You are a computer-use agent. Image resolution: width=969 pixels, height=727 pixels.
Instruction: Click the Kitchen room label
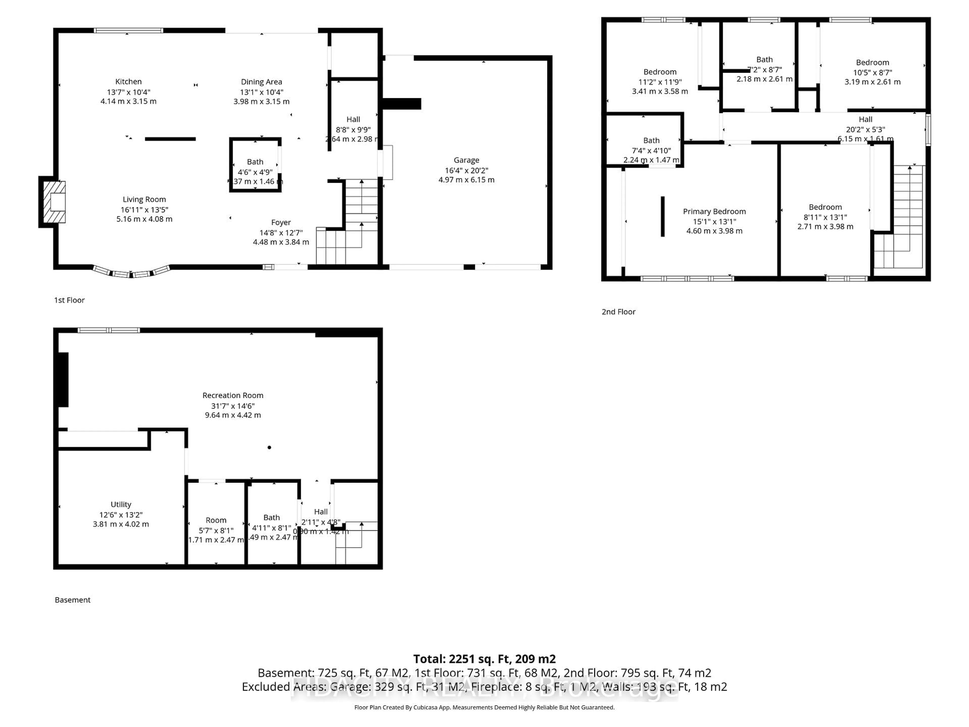click(128, 82)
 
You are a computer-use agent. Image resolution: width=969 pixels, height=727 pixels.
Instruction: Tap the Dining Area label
click(261, 82)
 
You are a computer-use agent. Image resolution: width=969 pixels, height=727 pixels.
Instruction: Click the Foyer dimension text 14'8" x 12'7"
click(281, 233)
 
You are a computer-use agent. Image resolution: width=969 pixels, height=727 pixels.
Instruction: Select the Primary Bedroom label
click(714, 211)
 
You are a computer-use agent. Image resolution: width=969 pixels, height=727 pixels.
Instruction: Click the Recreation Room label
click(233, 395)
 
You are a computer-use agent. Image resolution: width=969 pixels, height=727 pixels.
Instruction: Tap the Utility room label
click(121, 504)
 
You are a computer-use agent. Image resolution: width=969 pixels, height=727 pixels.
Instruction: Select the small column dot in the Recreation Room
click(270, 447)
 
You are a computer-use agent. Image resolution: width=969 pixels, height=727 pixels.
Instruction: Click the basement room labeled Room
click(216, 520)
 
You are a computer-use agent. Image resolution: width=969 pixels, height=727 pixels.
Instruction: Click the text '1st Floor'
click(69, 300)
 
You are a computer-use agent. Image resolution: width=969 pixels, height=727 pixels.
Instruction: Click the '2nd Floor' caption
click(618, 311)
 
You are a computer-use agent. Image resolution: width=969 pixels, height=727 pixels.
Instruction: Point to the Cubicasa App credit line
click(484, 707)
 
